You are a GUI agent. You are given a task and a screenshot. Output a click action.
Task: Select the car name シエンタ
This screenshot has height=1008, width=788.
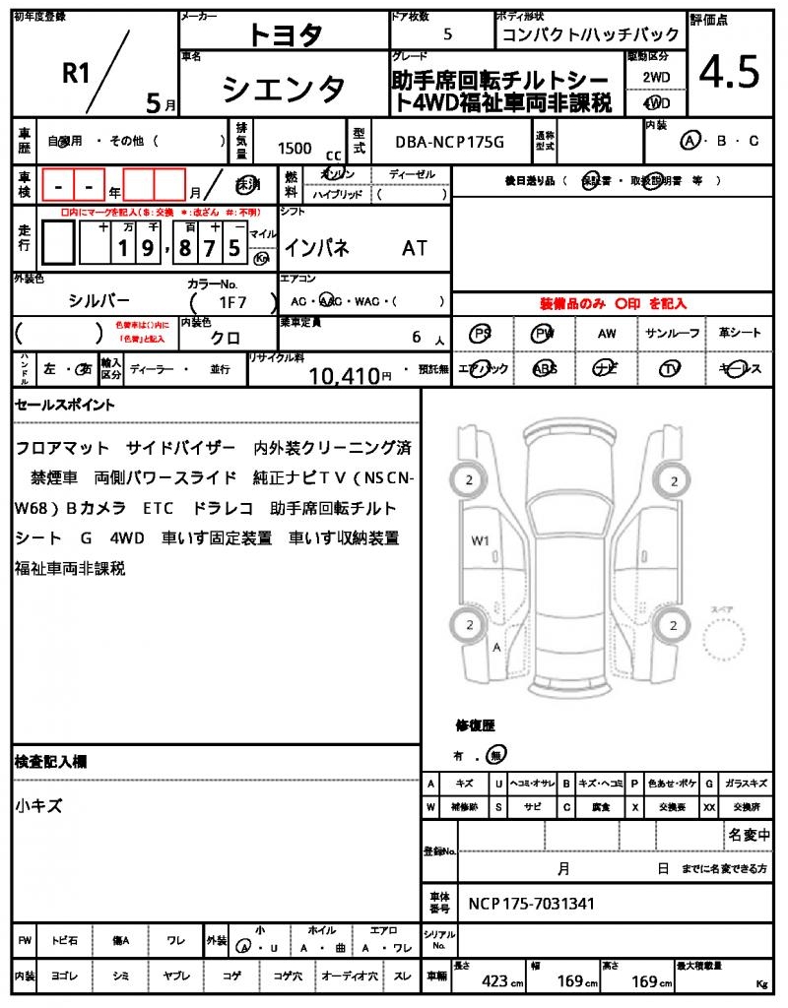point(284,89)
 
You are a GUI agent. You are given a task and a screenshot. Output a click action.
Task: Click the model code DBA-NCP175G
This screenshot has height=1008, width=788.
point(449,142)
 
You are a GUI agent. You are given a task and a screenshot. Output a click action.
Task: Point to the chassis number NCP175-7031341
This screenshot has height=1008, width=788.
point(531,904)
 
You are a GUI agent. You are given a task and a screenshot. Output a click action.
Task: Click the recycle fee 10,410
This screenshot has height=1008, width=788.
point(344,374)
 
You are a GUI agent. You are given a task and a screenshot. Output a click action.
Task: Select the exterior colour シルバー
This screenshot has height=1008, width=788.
point(98,301)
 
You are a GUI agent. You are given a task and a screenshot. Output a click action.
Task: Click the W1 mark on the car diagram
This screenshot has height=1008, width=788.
point(481,539)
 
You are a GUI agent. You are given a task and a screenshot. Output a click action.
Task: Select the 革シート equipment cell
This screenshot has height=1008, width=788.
point(740,334)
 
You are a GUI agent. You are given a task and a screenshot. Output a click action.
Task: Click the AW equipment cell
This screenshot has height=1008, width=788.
point(607,334)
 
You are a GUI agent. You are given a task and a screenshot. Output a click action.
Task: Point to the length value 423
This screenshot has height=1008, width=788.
point(494,981)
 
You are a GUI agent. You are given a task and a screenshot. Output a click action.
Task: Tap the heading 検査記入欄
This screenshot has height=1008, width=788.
point(51,762)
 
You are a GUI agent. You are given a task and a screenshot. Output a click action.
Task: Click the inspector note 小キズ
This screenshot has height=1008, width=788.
point(39,805)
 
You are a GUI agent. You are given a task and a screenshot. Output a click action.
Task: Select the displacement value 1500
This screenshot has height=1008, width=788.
point(295,148)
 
